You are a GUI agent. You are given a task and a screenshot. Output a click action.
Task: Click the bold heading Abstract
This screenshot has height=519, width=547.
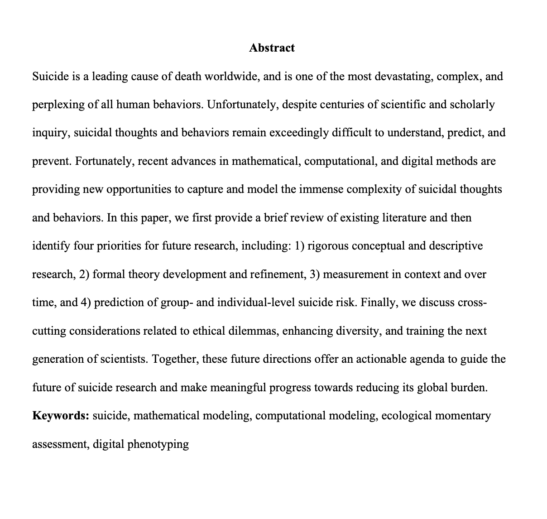click(x=272, y=48)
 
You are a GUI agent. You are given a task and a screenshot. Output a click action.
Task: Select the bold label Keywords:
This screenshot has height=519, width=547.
click(x=61, y=415)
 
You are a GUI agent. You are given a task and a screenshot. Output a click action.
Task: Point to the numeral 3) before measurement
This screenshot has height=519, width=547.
click(x=315, y=274)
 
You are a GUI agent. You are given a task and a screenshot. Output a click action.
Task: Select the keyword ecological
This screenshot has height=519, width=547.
click(x=406, y=416)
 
